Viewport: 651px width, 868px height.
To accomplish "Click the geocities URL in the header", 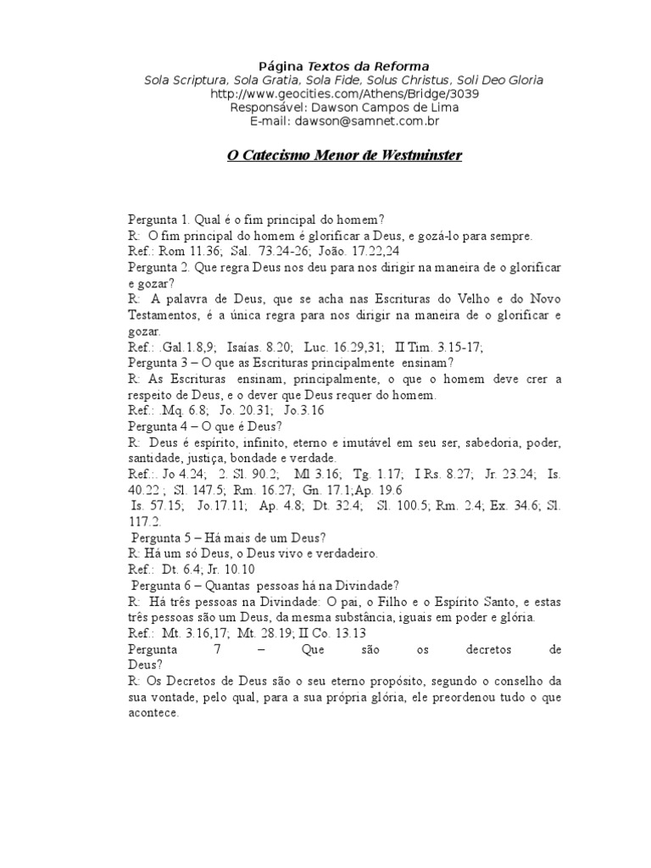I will (331, 94).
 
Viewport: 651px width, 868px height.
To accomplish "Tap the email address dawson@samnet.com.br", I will (331, 121).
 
